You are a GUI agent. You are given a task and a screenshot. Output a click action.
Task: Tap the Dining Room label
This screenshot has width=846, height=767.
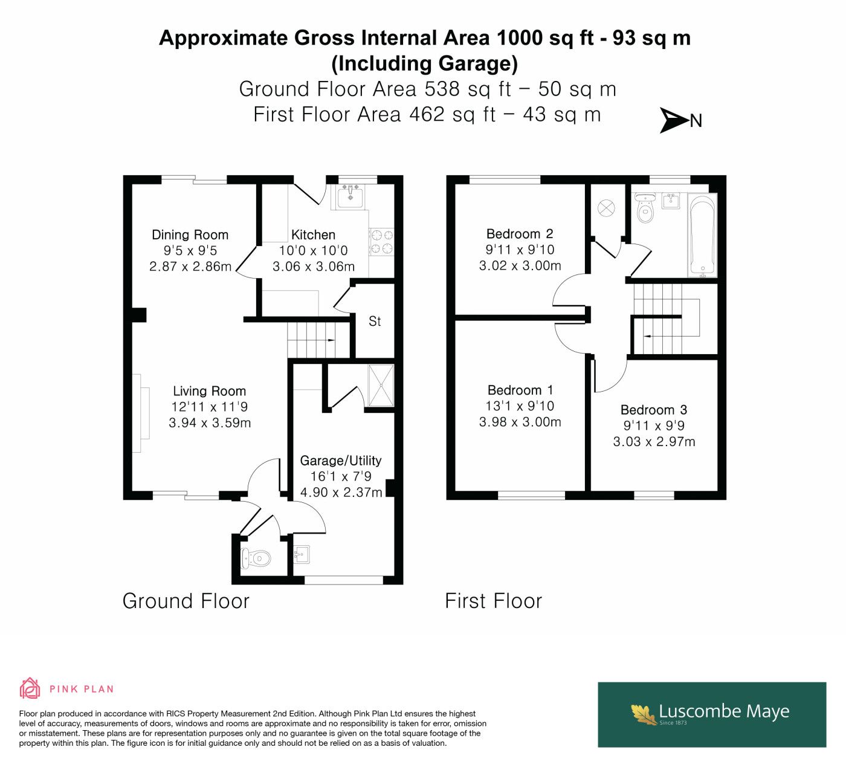point(190,235)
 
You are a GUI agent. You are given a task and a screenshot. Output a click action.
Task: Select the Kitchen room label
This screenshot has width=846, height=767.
point(313,235)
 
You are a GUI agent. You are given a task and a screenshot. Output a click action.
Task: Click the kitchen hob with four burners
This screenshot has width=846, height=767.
point(382,242)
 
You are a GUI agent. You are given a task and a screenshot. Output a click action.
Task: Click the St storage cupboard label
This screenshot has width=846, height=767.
point(375,322)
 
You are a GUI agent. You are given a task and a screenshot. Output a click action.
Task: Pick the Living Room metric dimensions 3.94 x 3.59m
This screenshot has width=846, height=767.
point(210,422)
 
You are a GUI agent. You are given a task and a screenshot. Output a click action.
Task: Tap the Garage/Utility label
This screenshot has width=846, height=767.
point(341,461)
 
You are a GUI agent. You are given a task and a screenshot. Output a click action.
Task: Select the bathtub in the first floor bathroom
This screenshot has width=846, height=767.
point(702,235)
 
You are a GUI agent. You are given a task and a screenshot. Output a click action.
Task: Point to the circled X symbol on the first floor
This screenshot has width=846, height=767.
point(606,208)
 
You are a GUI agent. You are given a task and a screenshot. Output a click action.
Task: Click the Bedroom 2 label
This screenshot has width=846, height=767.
point(520,234)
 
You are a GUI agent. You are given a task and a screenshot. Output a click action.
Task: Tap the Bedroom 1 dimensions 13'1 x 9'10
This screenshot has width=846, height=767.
point(520,406)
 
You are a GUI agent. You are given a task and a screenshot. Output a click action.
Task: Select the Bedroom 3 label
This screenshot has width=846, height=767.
point(654,410)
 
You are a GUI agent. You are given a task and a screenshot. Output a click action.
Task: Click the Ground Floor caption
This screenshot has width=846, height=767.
point(186,601)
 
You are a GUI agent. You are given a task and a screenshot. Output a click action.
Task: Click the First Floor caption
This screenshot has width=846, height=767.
point(494,601)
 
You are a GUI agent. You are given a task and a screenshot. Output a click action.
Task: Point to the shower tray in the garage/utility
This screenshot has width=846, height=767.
point(381,385)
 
